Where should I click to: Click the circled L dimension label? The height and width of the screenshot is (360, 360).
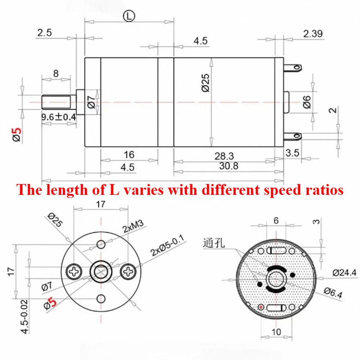[129, 16]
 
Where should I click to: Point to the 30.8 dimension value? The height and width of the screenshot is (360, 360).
[229, 166]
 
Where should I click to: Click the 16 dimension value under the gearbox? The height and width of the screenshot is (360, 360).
[129, 155]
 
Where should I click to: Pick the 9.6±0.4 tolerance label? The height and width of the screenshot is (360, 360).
[58, 117]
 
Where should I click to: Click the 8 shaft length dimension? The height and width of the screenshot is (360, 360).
[56, 73]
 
